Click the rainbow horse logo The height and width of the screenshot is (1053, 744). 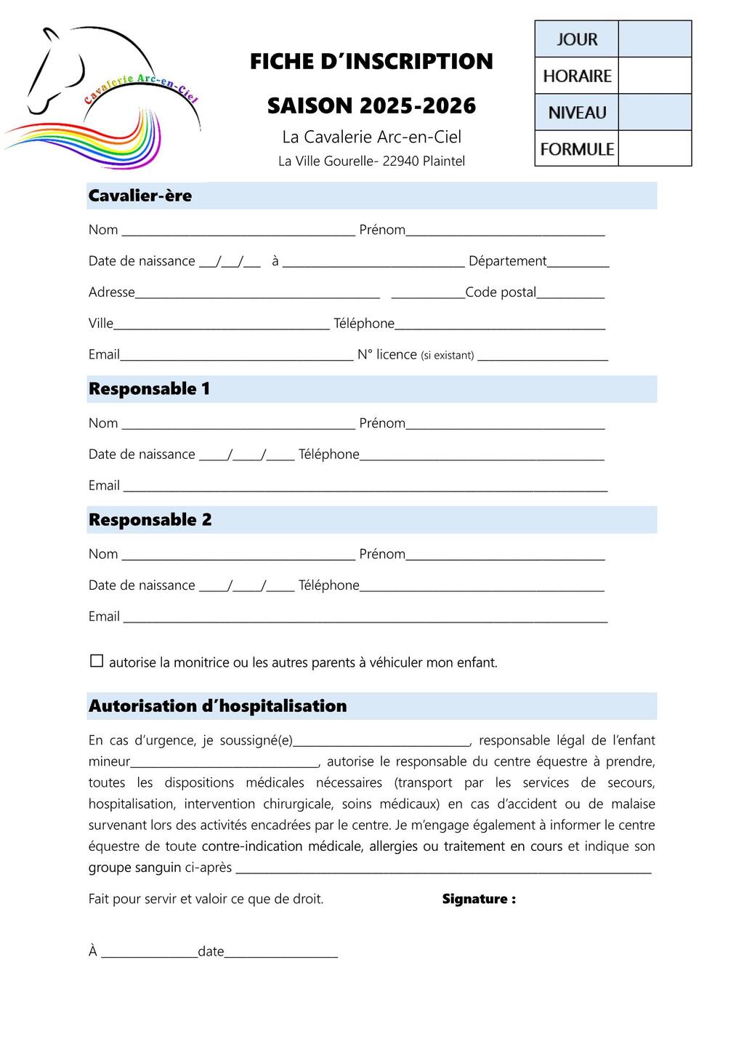tap(102, 98)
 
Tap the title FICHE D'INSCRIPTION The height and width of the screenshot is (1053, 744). tap(371, 62)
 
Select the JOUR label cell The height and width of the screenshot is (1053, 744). tap(577, 39)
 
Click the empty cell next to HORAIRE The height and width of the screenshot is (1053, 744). tap(655, 76)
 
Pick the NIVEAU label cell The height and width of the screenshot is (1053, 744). tap(577, 113)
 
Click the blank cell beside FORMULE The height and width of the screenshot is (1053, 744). tap(655, 149)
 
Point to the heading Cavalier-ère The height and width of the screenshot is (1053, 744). tap(140, 196)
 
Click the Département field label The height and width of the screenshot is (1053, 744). tap(507, 261)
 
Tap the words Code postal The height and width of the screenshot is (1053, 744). tap(501, 292)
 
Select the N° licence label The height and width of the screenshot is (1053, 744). tap(387, 355)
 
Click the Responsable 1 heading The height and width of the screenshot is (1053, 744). tap(149, 389)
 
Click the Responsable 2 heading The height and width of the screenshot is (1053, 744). tap(150, 520)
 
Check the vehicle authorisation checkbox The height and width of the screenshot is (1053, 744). tap(97, 661)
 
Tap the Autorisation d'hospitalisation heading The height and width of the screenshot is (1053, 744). tap(217, 706)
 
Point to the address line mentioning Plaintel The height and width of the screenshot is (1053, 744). tap(371, 161)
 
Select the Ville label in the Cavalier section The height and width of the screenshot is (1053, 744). tap(101, 324)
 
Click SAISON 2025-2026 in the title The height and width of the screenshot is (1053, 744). tap(371, 106)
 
